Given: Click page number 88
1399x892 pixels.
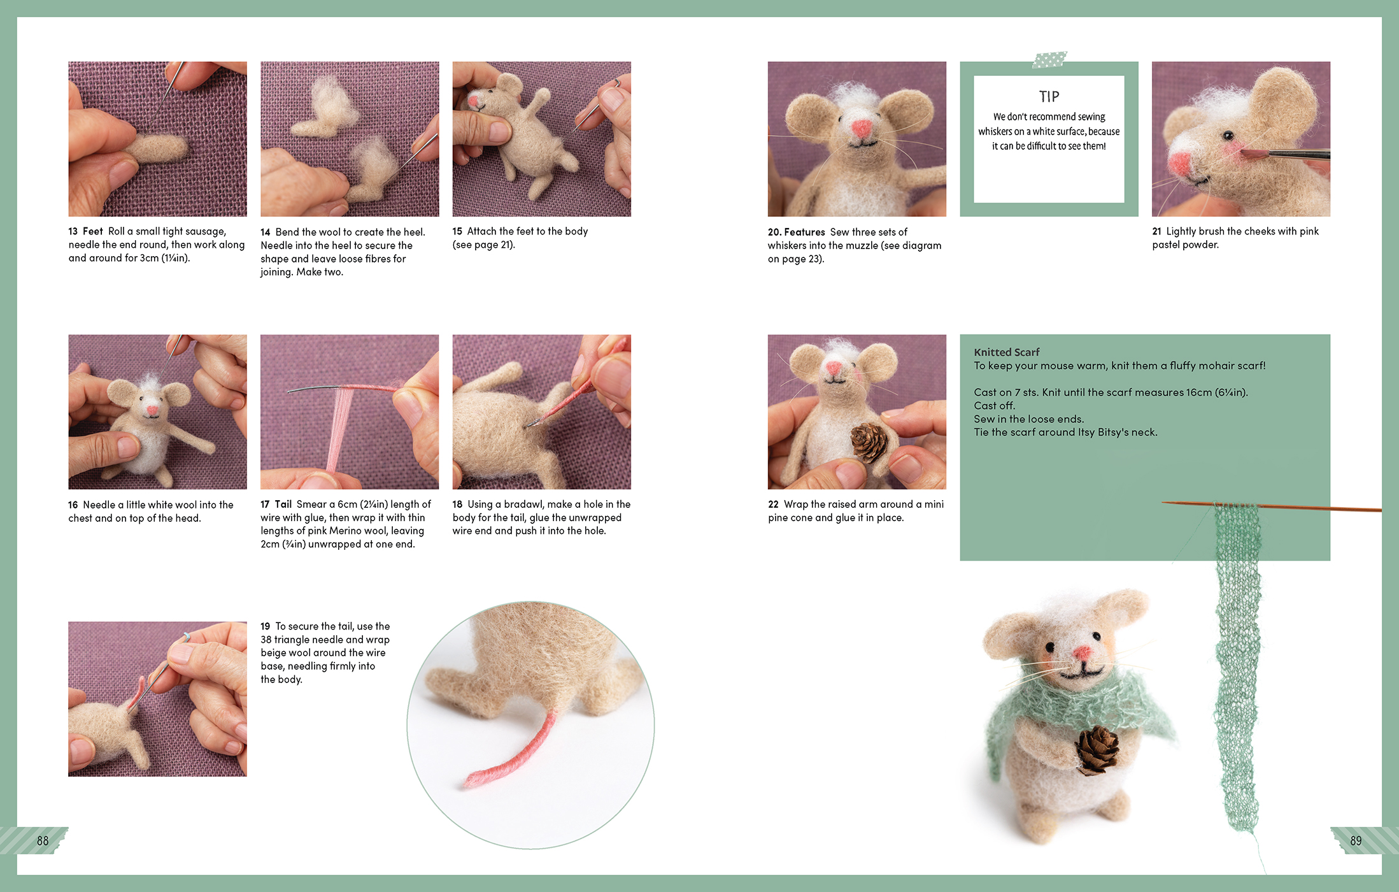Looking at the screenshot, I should pos(43,840).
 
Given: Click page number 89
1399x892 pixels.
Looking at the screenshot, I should pos(1356,840).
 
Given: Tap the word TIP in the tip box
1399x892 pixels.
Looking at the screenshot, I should pos(1049,97).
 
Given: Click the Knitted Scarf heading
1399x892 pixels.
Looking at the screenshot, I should pos(1006,352).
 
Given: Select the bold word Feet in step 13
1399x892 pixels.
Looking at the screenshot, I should pos(92,231).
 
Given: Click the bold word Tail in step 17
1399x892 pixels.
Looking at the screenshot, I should pos(283,504).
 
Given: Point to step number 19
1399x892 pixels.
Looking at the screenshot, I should pos(266,626).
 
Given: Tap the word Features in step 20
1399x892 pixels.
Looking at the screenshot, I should pos(804,232).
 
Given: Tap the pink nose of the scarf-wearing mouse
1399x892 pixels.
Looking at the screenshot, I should pos(1082,652).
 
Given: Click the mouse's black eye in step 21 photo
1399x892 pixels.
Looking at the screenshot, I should pos(1228,136).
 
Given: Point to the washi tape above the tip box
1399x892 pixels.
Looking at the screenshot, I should pos(1049,60).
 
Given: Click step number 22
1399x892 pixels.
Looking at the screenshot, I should pos(773,504).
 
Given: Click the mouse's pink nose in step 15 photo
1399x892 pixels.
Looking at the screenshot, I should pos(474,101).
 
